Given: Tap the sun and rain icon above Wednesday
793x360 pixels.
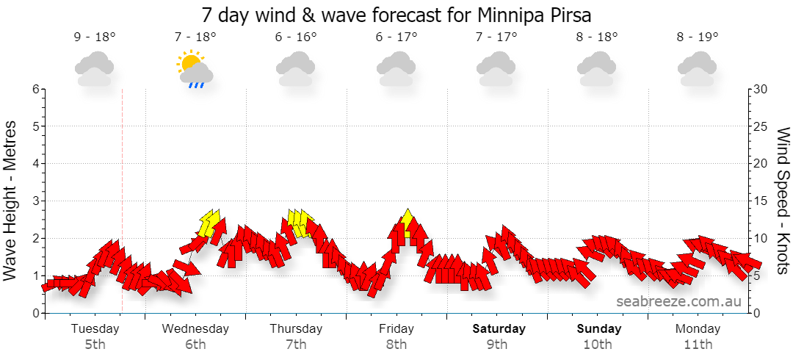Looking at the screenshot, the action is [195, 69].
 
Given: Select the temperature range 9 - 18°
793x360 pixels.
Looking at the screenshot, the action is [95, 37].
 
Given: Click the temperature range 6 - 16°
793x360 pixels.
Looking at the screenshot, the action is [297, 37].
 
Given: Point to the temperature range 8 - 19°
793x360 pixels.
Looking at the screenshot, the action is [698, 37].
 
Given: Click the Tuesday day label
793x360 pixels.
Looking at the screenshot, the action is [95, 329].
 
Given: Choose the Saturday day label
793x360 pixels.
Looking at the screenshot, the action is [499, 328].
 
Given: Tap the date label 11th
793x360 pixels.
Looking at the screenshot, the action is [698, 345].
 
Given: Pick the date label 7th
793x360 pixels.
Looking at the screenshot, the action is [296, 345].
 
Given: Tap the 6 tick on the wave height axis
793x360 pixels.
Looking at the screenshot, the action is [36, 89].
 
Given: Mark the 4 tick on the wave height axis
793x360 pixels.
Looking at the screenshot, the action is [36, 164].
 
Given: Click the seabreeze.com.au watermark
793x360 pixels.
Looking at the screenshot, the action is [678, 301].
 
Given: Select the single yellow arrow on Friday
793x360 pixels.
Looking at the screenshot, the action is [407, 223].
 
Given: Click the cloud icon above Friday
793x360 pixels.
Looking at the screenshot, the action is [396, 69].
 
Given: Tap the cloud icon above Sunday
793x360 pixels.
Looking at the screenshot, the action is [597, 69].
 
